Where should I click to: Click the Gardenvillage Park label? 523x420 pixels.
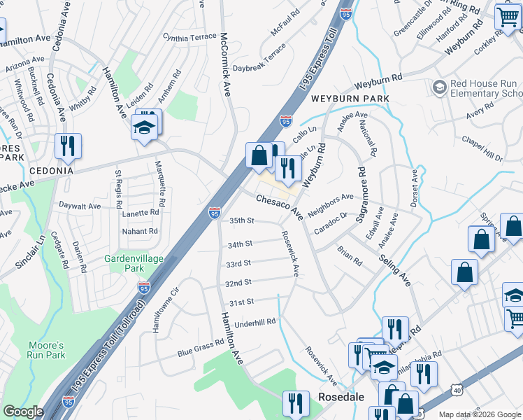(x=134, y=263)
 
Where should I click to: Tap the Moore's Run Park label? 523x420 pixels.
(x=47, y=350)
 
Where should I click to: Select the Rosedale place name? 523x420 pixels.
(x=341, y=397)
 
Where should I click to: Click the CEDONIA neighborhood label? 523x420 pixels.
(x=51, y=171)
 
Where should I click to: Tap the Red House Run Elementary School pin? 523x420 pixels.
(x=440, y=87)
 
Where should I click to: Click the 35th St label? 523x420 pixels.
(x=241, y=220)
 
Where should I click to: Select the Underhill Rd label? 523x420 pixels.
(x=256, y=321)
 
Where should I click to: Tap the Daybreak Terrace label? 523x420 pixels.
(x=259, y=59)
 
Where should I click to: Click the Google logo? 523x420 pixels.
(x=23, y=412)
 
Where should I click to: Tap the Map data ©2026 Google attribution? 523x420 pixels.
(x=479, y=414)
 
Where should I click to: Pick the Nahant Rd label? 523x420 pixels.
(x=139, y=231)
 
